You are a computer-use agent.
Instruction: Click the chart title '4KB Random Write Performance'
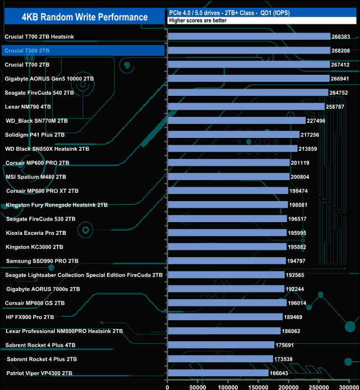point(85,17)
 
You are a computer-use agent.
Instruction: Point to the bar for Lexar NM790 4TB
point(246,106)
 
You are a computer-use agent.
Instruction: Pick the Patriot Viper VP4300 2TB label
point(39,373)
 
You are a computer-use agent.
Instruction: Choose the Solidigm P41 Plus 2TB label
point(35,135)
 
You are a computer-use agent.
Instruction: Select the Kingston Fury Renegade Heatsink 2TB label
point(56,205)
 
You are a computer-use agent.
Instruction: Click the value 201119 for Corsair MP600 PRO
point(301,163)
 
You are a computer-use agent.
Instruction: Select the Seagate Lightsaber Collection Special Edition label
point(84,275)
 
